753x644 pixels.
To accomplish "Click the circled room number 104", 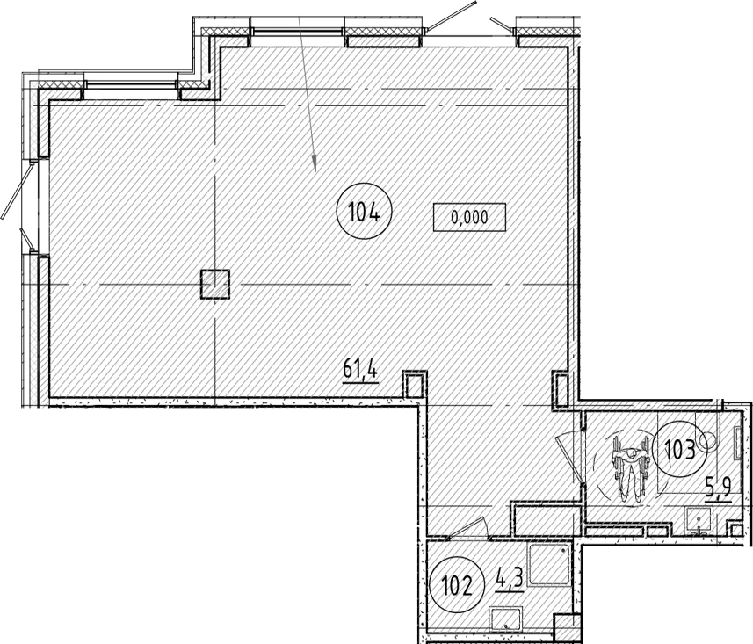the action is [365, 211].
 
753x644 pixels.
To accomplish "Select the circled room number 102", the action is [457, 584].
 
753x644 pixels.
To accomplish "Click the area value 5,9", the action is [718, 489].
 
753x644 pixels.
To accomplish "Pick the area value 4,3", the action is [509, 579].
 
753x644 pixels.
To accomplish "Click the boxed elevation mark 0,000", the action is [469, 218].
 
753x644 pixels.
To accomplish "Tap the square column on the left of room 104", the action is [214, 285].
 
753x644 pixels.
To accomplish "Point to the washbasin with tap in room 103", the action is [699, 522].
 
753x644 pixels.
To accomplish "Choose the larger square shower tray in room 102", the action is [549, 564].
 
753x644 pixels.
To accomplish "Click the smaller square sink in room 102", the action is [505, 619].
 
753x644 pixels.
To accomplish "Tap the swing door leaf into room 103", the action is [569, 460].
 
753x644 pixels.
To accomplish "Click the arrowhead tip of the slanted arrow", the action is [315, 171].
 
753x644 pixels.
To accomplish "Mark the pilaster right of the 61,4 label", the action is [414, 384].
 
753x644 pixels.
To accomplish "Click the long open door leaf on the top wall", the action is [451, 16].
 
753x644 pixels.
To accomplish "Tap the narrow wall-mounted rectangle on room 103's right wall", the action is [737, 442].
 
